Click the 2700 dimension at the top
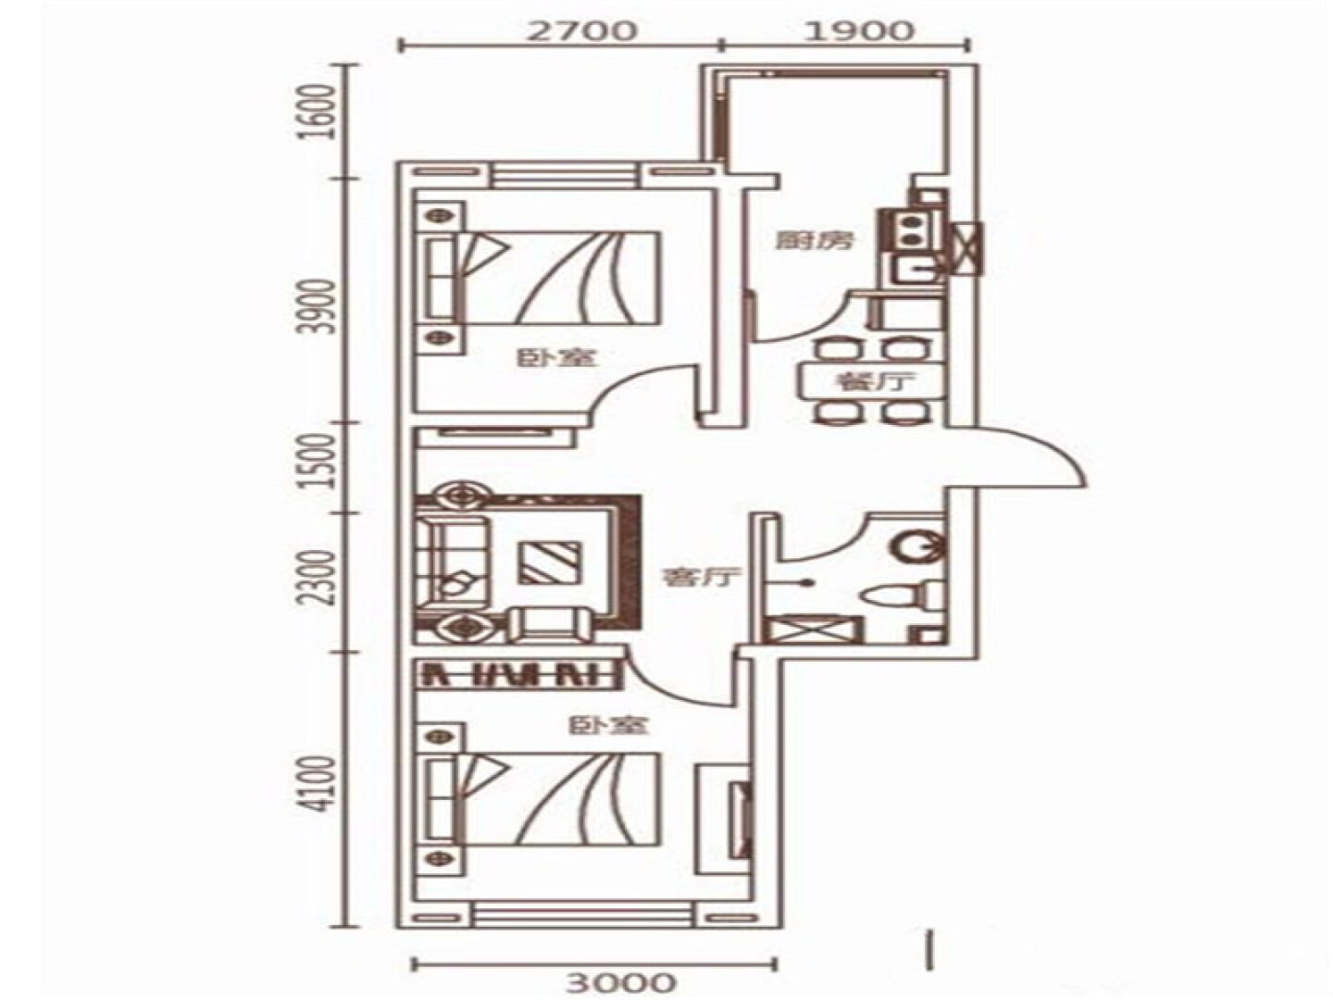[x=580, y=30]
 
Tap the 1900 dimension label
[x=859, y=30]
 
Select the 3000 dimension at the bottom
[x=620, y=981]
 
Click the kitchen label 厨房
[x=815, y=241]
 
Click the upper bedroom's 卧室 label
[x=557, y=357]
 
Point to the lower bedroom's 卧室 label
[x=608, y=724]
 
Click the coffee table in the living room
[x=549, y=562]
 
